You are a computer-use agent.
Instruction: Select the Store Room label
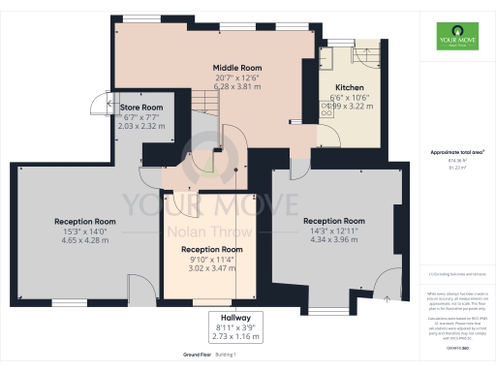click(x=140, y=107)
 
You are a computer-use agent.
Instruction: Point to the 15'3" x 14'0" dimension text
click(x=84, y=231)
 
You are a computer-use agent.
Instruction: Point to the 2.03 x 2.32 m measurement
click(x=140, y=124)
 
